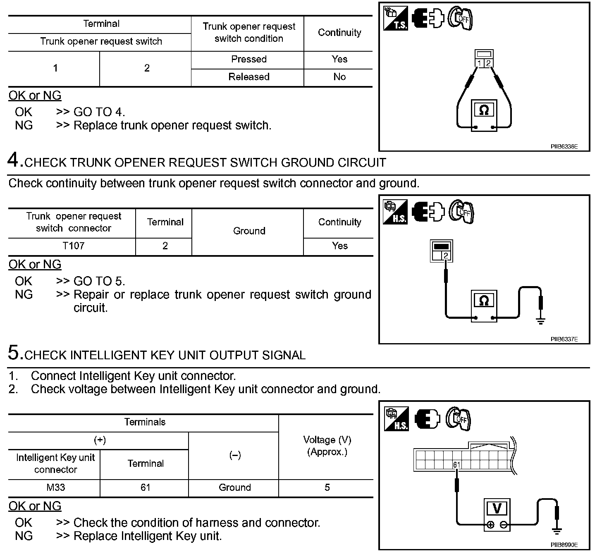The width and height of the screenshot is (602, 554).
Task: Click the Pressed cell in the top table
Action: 248,59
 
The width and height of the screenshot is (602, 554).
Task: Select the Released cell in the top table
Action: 248,77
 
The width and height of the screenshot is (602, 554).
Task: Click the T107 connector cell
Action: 73,246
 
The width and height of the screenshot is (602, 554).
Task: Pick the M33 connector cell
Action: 55,487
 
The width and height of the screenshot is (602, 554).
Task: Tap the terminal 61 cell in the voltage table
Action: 145,487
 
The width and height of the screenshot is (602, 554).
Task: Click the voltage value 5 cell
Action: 327,487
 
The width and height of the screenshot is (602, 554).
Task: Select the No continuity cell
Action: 339,77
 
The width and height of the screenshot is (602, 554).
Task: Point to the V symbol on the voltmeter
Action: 497,508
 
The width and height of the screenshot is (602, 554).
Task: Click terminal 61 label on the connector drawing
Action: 456,465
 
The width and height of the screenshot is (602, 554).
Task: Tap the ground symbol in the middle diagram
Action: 540,320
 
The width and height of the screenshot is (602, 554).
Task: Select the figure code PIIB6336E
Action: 564,146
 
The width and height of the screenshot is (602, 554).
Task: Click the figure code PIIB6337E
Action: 564,339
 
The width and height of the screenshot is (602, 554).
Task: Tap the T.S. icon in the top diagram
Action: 395,19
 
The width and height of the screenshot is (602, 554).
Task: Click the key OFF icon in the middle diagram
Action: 461,212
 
